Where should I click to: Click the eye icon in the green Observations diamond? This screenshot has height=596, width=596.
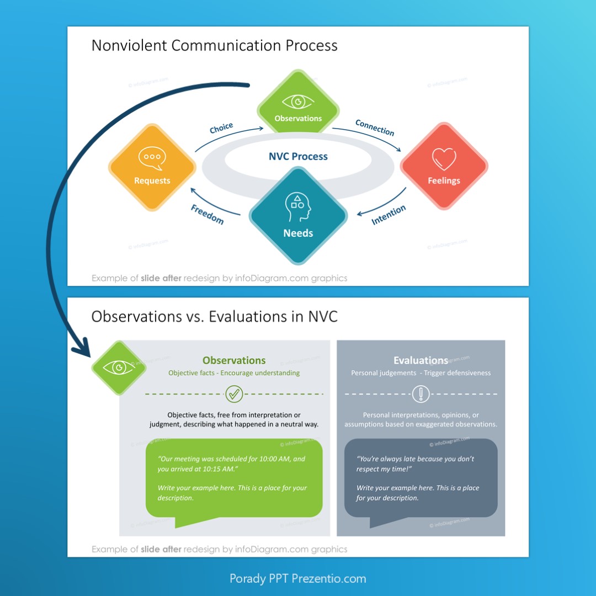(298, 102)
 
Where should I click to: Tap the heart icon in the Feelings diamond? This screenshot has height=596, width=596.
(444, 158)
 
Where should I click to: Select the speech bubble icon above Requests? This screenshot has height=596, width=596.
(152, 158)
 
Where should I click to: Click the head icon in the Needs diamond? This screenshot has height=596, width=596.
(298, 207)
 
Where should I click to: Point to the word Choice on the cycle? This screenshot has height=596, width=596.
(221, 128)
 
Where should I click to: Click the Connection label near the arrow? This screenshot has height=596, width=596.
(375, 127)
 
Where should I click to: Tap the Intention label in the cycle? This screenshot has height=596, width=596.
(389, 215)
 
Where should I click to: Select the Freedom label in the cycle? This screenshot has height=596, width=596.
(207, 214)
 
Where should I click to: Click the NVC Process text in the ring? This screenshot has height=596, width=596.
(298, 157)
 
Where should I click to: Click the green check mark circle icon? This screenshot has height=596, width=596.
(234, 394)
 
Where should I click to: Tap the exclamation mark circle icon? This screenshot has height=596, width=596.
(421, 394)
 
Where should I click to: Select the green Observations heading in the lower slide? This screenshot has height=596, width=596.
(234, 360)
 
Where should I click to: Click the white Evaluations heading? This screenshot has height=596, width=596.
(421, 360)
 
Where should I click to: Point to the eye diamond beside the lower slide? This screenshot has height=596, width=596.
(119, 368)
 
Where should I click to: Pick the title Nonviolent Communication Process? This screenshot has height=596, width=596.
(214, 45)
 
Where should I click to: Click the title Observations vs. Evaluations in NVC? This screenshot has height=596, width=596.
(214, 316)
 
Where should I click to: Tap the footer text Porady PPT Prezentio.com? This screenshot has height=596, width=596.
(298, 578)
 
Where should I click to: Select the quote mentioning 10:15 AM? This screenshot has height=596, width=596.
(231, 464)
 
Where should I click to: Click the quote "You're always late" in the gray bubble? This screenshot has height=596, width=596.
(415, 464)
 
